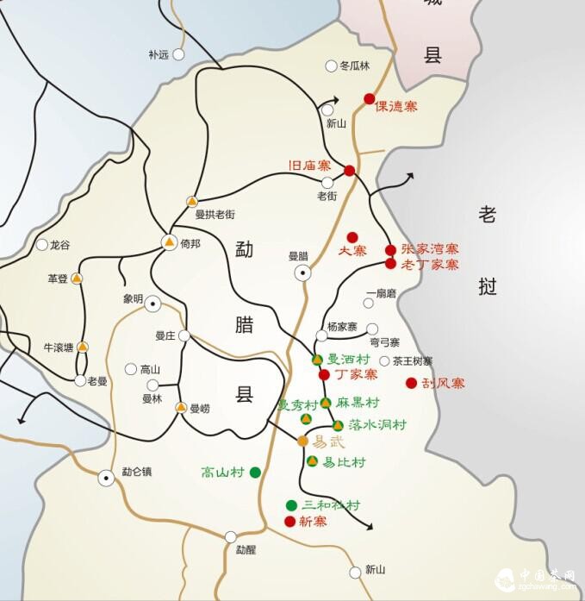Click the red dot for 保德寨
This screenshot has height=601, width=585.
[370, 98]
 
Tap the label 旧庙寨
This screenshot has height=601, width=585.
[309, 165]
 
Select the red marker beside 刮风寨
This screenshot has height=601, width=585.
[411, 383]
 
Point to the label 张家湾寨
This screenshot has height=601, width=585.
[430, 249]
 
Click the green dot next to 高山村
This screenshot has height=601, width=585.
[255, 472]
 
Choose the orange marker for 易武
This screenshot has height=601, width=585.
[302, 441]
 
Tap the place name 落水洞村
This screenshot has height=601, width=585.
[377, 425]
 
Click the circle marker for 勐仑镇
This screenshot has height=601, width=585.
[106, 477]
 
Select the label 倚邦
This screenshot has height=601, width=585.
[191, 244]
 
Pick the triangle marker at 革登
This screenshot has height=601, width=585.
[77, 279]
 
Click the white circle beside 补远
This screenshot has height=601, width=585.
[178, 54]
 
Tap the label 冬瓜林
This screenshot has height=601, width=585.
[354, 66]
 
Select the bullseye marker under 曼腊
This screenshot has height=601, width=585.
[303, 272]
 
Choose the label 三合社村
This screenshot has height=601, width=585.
[331, 505]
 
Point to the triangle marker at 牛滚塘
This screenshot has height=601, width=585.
[83, 347]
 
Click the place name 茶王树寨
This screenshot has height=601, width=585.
[413, 361]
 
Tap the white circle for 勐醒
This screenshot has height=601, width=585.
[230, 536]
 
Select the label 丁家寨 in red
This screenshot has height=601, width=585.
[356, 375]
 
